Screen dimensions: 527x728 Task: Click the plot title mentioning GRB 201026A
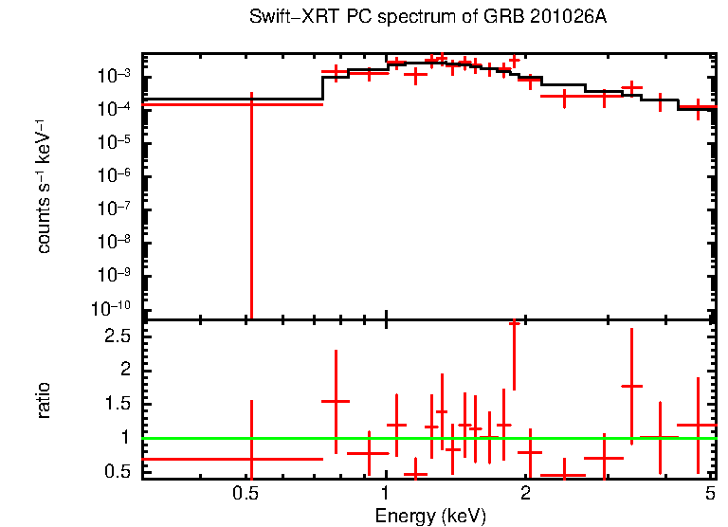pyautogui.click(x=427, y=18)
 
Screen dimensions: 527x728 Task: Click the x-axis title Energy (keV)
pyautogui.click(x=430, y=516)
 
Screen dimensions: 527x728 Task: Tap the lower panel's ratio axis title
pyautogui.click(x=45, y=400)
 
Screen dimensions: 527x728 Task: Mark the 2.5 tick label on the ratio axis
pyautogui.click(x=119, y=336)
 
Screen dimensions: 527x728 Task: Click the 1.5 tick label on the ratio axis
pyautogui.click(x=119, y=404)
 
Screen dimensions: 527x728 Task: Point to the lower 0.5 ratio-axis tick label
pyautogui.click(x=119, y=472)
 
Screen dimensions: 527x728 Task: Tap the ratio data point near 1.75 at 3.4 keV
pyautogui.click(x=631, y=386)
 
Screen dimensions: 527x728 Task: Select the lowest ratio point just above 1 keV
pyautogui.click(x=415, y=474)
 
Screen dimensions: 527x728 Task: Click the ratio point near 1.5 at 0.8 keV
pyautogui.click(x=336, y=401)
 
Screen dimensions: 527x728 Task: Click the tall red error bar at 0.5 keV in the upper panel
pyautogui.click(x=251, y=209)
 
